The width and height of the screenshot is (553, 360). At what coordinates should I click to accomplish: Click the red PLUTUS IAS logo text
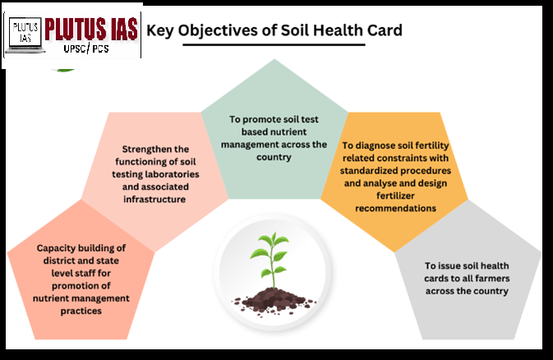tap(91, 29)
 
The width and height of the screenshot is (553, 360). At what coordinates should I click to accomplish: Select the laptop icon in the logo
tap(25, 35)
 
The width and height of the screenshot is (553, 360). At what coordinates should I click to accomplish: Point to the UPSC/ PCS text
tap(86, 48)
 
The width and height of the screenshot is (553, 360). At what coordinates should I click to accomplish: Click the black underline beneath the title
tap(274, 45)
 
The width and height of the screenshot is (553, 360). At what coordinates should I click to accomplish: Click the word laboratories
tap(172, 174)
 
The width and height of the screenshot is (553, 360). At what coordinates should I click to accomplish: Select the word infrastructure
tap(154, 199)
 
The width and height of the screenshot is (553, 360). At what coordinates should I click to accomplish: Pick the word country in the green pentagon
tap(274, 157)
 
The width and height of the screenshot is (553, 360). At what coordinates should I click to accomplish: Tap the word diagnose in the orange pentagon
tap(379, 145)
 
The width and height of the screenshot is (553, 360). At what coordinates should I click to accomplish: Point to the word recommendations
tap(395, 208)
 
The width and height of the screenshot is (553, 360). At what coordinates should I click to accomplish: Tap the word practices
tap(81, 311)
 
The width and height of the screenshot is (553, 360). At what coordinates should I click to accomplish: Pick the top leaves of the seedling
tap(274, 240)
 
